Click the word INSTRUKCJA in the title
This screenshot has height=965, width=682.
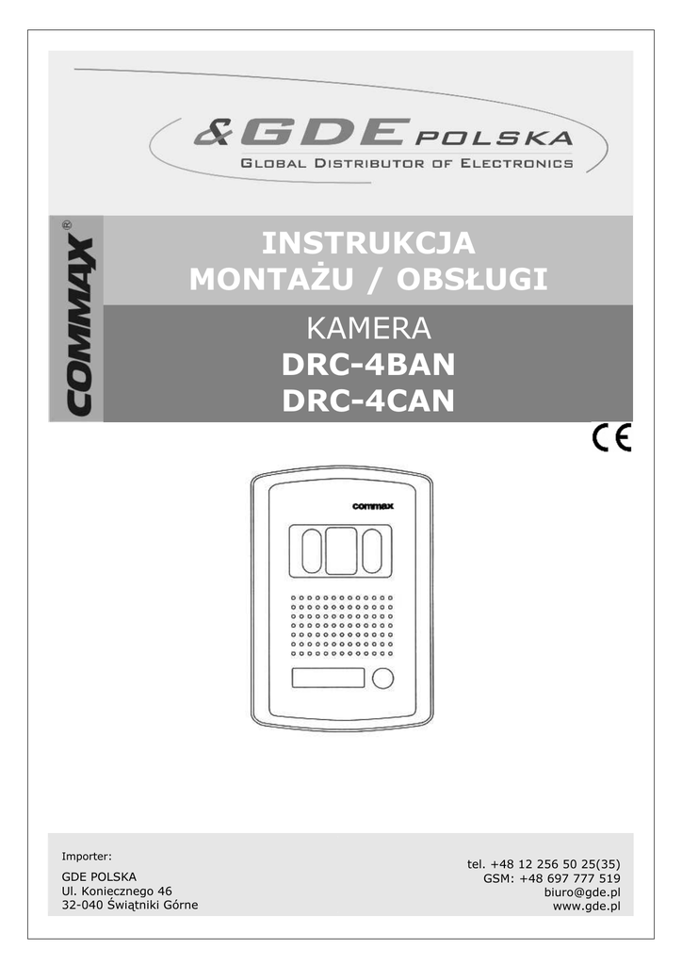368,243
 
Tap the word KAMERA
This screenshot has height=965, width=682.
368,330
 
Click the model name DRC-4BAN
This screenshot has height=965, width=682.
368,366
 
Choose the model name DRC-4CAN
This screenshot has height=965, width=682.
368,401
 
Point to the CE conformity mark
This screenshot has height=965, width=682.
612,439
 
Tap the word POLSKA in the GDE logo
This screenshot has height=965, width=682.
494,139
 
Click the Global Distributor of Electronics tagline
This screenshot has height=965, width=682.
407,163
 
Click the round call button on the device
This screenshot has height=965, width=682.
382,679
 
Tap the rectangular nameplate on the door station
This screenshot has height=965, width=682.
328,679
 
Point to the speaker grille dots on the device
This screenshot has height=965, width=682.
341,627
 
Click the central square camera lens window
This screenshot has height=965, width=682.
341,551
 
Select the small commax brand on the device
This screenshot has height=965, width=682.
372,506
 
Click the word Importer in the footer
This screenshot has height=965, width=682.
87,857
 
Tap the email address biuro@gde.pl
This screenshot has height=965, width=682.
582,891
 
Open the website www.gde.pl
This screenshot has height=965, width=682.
586,907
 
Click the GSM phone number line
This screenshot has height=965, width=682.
551,877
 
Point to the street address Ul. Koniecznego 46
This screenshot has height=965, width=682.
117,891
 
